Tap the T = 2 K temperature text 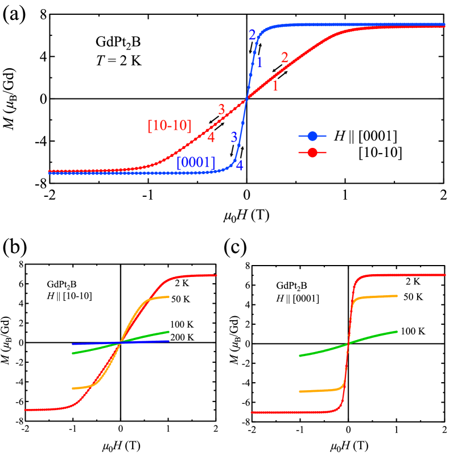(x=118, y=59)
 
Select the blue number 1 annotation (x=259, y=63)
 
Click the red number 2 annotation (x=285, y=57)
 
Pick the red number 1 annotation (x=275, y=86)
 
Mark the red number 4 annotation (x=211, y=137)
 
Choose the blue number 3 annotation (x=233, y=136)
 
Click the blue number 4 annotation (x=240, y=166)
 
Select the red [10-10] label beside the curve (x=169, y=126)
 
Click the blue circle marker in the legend (x=312, y=136)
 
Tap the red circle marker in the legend (x=312, y=152)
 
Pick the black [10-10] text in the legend (x=380, y=152)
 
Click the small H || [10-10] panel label (x=69, y=296)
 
